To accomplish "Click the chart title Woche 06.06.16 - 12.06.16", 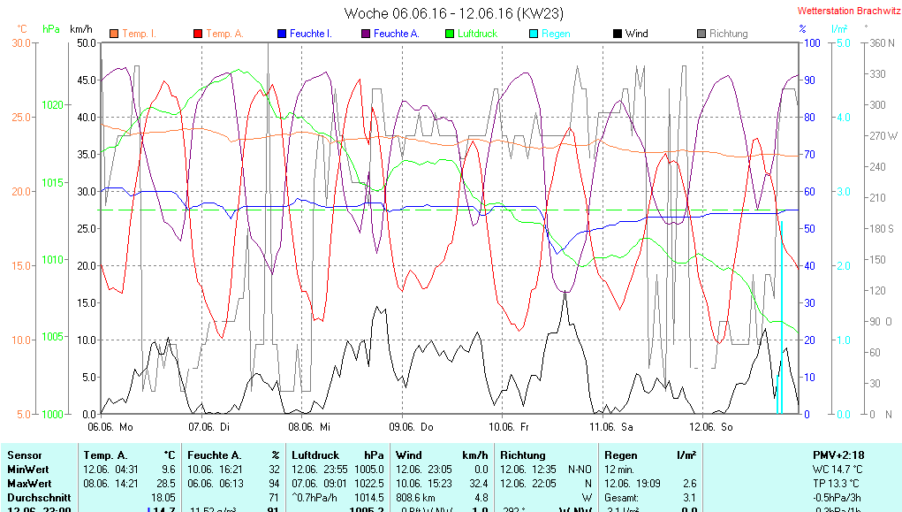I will click(x=453, y=13).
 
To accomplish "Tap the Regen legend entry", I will click(x=556, y=34).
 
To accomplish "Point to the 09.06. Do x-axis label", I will click(x=413, y=427).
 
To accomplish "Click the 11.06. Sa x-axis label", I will click(x=612, y=427).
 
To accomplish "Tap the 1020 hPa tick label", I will click(x=52, y=104).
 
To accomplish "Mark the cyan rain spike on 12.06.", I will click(x=780, y=318).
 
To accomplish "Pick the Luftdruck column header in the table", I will click(x=315, y=455).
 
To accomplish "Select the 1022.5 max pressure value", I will click(x=369, y=484).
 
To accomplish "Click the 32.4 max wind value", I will click(x=479, y=484).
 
